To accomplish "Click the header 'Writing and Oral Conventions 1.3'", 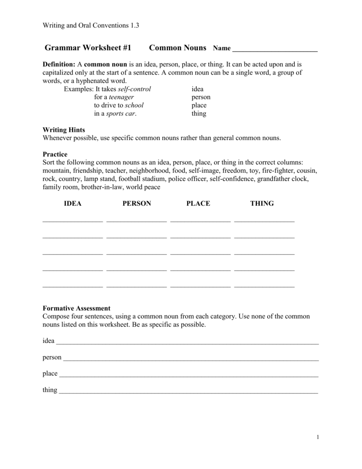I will (91, 26).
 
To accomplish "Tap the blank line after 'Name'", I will (275, 49).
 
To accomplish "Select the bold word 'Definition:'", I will (59, 64).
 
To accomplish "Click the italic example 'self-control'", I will (134, 89).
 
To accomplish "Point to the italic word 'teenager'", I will (121, 97).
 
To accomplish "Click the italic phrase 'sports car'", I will (121, 114).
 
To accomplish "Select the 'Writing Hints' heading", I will (64, 130).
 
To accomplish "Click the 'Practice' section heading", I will (55, 154).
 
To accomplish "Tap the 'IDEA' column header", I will (72, 203).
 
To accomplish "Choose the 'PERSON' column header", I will (136, 203).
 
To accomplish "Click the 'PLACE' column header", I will (198, 203).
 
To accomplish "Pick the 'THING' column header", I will (262, 203).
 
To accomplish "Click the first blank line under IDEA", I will (73, 222).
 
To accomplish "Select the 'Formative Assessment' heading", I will (76, 308).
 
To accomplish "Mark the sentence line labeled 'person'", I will (190, 359).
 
